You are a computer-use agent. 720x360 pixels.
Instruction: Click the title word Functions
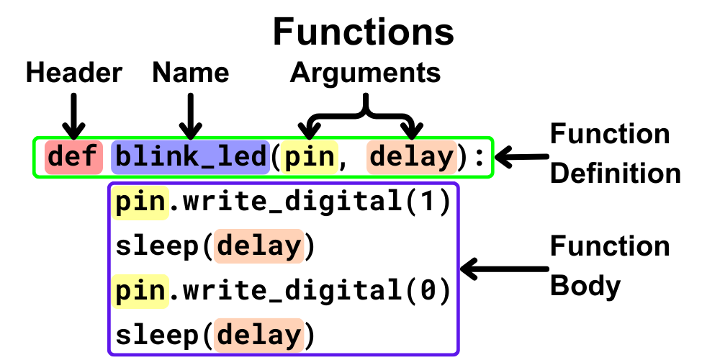coord(364,32)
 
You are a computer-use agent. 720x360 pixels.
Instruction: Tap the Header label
coord(74,73)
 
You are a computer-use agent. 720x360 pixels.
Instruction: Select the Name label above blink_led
coord(191,73)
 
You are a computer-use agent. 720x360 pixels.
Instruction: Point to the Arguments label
coord(365,73)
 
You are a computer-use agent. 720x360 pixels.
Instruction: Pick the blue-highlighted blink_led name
coord(191,156)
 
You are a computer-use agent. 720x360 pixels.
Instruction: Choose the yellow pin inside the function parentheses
coord(310,156)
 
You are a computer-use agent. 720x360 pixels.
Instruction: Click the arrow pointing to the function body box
coord(497,270)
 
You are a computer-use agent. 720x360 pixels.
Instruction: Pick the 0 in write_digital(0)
coord(426,292)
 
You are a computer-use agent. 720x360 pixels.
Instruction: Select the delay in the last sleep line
coord(259,336)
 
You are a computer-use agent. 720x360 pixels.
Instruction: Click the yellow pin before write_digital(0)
coord(140,292)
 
